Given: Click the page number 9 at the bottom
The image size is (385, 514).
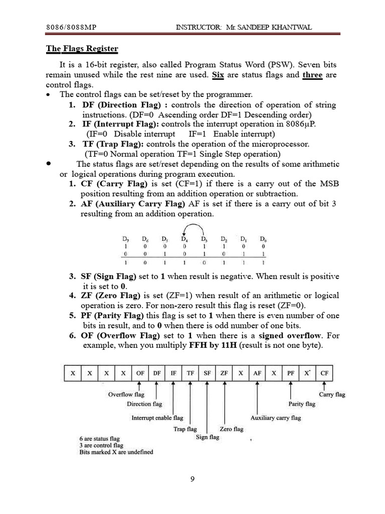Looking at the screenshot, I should point(192,479).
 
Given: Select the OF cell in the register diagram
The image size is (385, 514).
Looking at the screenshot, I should point(140,373).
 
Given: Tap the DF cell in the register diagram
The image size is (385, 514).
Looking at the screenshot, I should point(157,373).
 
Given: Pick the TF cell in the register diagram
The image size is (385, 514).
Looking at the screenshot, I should point(190,373).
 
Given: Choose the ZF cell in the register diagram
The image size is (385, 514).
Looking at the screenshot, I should point(224,373).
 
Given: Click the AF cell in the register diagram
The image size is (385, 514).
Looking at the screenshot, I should point(257,373).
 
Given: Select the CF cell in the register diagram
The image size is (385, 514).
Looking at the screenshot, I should point(324,373).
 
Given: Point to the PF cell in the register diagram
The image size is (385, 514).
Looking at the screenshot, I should point(291,373).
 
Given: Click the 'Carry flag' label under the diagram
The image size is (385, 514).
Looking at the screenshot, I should point(332,395).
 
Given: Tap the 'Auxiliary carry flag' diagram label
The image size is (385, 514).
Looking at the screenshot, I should point(276,418).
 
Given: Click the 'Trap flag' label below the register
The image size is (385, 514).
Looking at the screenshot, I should point(185,429).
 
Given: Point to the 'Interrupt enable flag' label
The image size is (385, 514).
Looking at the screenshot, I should point(157,418).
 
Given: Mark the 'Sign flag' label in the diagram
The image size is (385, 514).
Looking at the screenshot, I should point(207,437).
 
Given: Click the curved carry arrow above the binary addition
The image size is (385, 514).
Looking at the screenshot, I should point(194,228).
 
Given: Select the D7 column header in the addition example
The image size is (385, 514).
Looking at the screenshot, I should point(125,238).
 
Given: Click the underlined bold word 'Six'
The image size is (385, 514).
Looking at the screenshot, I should point(217,75).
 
